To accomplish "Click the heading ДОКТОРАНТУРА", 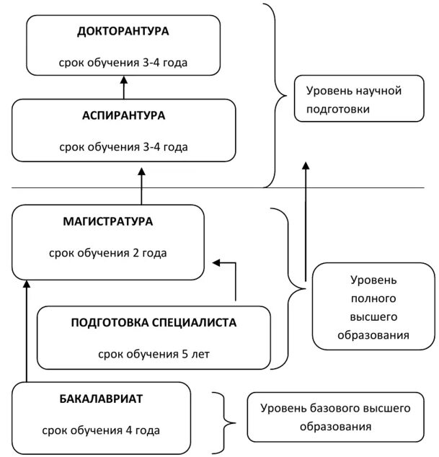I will [x=123, y=32].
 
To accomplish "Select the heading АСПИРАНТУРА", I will [x=123, y=116].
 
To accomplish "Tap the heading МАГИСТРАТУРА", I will [x=108, y=221].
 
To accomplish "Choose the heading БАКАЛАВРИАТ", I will [x=102, y=399].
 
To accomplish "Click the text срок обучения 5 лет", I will [x=154, y=354].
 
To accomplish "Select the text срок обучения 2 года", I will [x=108, y=253].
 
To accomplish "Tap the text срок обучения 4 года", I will [x=102, y=430].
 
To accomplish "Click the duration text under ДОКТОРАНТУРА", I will [x=123, y=63].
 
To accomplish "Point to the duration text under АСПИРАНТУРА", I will [x=123, y=147].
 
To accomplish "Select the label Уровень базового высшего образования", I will [x=336, y=417].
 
